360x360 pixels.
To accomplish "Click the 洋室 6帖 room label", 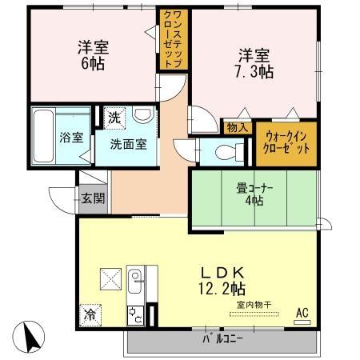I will [94, 54].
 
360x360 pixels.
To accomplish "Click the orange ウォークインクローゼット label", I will [286, 144].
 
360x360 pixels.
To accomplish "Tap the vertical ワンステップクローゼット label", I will [174, 38].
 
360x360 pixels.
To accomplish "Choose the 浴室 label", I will [71, 137].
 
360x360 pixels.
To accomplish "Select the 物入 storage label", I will [236, 126].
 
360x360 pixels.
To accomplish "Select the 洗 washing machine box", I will [114, 117].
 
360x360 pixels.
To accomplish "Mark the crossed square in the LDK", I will [110, 281].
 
